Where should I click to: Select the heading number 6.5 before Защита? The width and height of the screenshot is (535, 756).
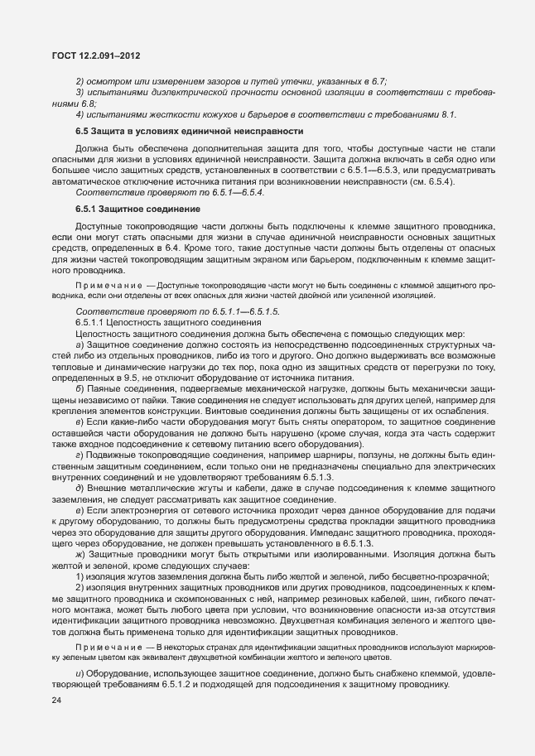(x=82, y=132)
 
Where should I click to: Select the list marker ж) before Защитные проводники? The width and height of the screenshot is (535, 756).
(x=80, y=552)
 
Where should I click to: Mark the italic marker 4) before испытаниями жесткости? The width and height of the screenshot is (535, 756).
(x=80, y=113)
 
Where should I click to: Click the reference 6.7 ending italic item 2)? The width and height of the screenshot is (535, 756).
(x=380, y=81)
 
